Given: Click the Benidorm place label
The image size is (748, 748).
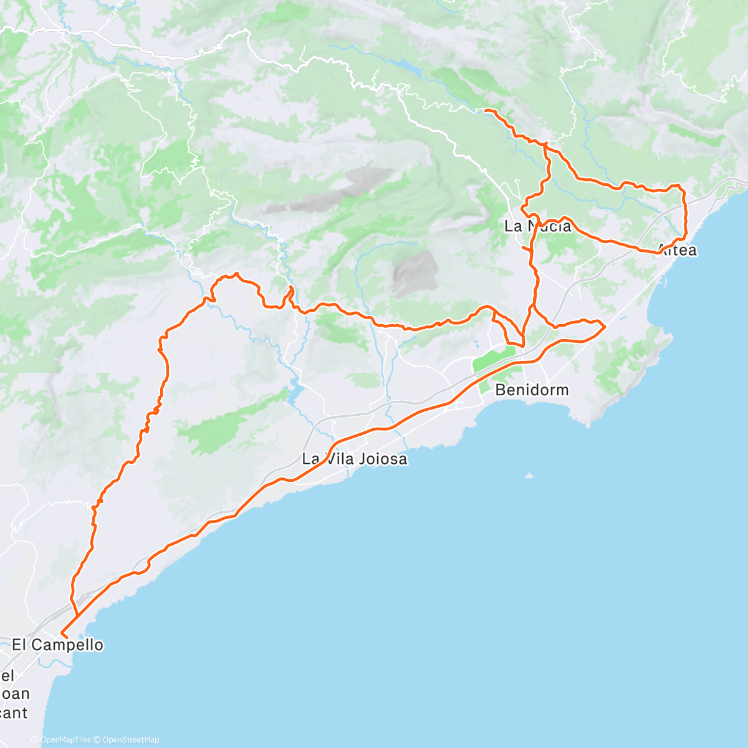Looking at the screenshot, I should click(532, 390).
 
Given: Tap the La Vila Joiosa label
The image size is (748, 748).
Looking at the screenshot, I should click(354, 459).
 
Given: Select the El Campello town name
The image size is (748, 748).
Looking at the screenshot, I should click(57, 645).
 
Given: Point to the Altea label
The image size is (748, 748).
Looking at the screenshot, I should click(678, 251).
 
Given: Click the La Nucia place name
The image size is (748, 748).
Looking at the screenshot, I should click(537, 226).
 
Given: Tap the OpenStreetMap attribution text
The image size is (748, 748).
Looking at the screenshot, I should click(131, 740).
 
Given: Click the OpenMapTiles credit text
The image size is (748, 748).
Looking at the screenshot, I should click(65, 740).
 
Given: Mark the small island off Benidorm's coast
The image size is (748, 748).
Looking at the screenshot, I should click(529, 476).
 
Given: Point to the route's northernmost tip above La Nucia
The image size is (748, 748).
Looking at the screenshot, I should click(486, 110).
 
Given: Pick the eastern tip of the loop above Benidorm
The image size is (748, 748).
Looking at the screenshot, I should click(605, 325).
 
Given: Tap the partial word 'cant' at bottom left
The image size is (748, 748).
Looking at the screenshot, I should click(14, 712).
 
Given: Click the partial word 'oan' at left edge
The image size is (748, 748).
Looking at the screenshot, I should click(15, 694).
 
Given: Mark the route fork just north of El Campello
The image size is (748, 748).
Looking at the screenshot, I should click(77, 616).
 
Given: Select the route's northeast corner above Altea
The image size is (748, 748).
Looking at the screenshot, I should click(681, 186).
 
